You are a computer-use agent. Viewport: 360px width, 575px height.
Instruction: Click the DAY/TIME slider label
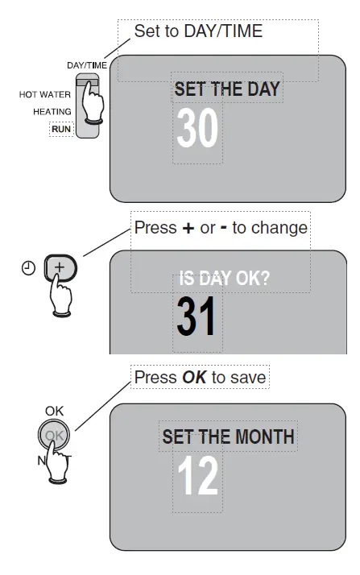point(87,66)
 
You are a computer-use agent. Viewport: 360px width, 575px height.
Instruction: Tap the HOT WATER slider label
point(45,95)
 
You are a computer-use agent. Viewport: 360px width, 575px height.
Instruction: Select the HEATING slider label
point(52,112)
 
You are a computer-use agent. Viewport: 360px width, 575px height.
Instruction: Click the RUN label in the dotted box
point(61,129)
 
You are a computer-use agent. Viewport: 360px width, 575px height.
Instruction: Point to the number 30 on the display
point(197,128)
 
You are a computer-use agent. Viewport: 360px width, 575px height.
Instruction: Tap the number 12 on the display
point(197,477)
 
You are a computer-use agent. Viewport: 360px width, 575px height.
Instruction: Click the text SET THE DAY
point(227,89)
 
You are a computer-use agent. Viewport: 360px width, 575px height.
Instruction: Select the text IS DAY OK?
point(224,279)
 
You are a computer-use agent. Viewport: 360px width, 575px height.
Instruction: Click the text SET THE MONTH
point(228,438)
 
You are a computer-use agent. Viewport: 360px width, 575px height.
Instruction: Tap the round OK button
point(53,436)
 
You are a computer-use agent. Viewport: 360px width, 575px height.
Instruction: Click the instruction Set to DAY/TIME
point(198,31)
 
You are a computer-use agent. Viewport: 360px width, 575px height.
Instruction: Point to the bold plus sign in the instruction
point(188,229)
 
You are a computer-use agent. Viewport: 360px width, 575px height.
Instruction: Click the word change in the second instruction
point(279,228)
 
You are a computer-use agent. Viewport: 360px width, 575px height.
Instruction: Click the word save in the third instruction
point(248,377)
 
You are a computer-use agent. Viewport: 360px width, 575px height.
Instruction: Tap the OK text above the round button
point(54,411)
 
